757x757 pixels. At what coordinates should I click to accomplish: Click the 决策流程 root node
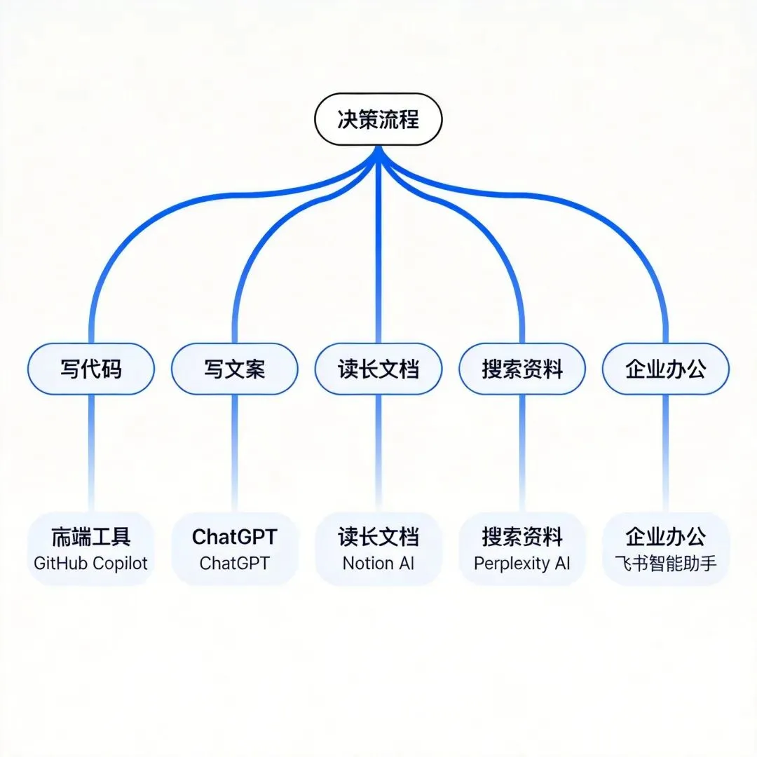tap(378, 119)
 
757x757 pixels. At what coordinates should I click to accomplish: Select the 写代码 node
tap(91, 369)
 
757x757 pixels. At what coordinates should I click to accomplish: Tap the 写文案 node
tap(235, 369)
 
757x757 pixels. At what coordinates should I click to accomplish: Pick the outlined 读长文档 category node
tap(378, 369)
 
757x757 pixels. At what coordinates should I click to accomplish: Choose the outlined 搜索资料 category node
tap(522, 369)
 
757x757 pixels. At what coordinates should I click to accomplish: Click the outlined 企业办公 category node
tap(666, 369)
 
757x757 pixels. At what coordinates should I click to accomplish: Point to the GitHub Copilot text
tap(91, 563)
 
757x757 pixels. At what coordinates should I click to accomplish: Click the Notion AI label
tap(378, 563)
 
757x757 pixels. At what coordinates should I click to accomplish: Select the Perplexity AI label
tap(522, 563)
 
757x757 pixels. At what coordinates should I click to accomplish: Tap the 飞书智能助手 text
tap(666, 563)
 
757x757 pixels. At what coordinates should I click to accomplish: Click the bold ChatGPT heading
tap(235, 537)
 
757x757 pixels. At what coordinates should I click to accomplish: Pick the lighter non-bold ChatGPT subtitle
tap(235, 563)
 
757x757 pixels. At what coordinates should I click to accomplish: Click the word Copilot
tap(121, 563)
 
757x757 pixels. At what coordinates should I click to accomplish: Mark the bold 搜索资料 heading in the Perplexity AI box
tap(522, 537)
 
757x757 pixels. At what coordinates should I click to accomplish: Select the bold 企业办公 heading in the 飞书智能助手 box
tap(666, 537)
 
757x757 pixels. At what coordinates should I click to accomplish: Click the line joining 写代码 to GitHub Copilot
tap(91, 449)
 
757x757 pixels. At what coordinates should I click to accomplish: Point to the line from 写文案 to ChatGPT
tap(235, 449)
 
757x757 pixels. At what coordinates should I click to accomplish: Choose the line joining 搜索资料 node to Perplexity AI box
tap(522, 449)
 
